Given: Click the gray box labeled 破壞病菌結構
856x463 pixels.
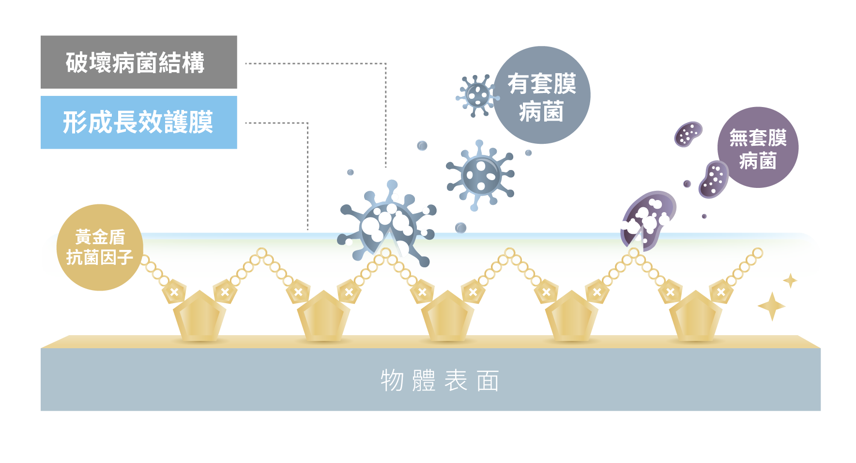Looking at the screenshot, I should (x=138, y=62).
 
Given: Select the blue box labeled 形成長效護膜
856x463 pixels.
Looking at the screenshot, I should (x=138, y=122).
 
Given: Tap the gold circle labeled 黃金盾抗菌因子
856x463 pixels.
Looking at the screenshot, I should (x=100, y=247).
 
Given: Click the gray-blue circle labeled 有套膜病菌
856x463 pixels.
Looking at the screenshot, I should (x=542, y=95).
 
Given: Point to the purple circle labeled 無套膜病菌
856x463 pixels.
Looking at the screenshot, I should (x=758, y=147).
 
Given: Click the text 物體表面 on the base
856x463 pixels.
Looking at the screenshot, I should (x=439, y=381).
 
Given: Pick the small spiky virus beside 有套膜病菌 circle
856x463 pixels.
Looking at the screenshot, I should (x=477, y=95).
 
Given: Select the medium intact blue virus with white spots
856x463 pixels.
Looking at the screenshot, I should (x=481, y=175).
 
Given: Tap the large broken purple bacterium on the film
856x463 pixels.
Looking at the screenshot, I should (x=647, y=219).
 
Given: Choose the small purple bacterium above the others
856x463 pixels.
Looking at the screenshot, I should (x=688, y=134).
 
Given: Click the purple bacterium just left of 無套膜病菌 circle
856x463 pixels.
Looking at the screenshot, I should (x=713, y=180).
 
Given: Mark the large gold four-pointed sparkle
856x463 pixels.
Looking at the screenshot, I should (x=771, y=306).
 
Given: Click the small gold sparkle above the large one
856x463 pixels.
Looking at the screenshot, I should (x=790, y=280).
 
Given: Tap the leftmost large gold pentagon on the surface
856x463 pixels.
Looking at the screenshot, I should (x=199, y=316).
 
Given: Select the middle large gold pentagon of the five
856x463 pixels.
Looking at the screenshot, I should (x=447, y=316).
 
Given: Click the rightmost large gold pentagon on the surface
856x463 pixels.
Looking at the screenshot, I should (x=695, y=316).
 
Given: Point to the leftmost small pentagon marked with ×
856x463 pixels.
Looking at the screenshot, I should (x=174, y=292).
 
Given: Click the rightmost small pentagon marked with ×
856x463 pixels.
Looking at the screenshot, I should (x=721, y=292).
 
